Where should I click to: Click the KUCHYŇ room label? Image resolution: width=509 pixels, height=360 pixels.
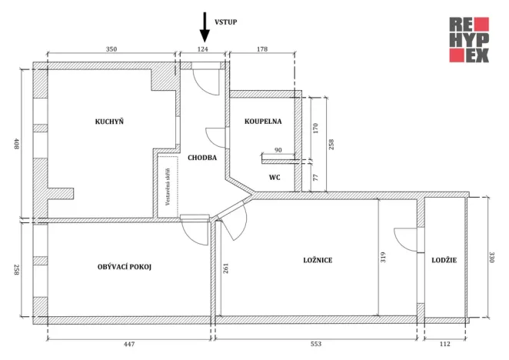pos(109,122)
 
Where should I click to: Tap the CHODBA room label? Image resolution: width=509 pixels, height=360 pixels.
pos(201,157)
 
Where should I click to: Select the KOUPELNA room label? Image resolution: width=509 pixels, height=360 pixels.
pos(263,122)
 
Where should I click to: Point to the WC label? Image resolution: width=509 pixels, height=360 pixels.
pos(274,178)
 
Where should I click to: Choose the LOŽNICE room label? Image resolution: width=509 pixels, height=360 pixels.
pos(318,261)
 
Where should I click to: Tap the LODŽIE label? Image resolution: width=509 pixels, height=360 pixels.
pos(444,261)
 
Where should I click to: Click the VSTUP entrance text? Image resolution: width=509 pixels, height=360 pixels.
pos(225,23)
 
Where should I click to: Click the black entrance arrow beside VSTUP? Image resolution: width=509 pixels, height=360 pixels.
pos(205,27)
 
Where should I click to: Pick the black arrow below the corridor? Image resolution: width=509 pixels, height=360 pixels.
pos(204,231)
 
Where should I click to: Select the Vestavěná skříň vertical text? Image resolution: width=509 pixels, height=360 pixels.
pos(167,185)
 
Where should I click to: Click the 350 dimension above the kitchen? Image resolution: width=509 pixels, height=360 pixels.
pos(111,49)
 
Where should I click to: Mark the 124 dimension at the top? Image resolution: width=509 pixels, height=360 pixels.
pos(203,49)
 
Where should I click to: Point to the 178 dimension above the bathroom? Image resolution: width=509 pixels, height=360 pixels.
pos(262,49)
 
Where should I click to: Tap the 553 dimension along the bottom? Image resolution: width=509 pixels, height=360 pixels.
pos(315,345)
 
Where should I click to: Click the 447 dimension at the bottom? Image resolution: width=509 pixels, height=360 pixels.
pos(128,345)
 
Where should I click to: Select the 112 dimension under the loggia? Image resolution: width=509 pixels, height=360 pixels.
pos(444,345)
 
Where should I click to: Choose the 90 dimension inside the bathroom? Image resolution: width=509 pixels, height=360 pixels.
pos(278,150)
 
